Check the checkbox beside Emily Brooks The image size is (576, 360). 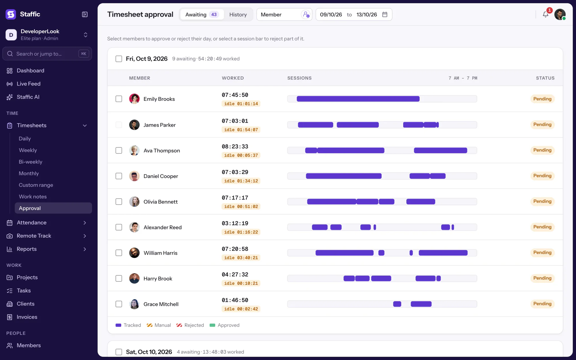coord(119,99)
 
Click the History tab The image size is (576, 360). coord(238,14)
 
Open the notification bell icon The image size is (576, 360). coord(545,14)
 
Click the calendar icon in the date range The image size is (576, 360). coord(385,14)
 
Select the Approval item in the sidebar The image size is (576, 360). coord(53,208)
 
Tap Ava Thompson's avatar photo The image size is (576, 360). coord(134,150)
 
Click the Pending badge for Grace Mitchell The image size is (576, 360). coord(542,304)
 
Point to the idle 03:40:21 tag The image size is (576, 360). coord(241,258)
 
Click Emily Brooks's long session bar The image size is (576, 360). coord(358,99)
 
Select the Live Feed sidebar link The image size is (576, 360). coord(29,84)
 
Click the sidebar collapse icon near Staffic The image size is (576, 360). coord(85,14)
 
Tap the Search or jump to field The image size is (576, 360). coord(47,54)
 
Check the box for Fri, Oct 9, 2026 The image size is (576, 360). coord(119,59)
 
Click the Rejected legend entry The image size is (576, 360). coord(190,325)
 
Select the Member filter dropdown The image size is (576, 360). coord(284,14)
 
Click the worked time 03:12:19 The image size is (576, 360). coord(235,223)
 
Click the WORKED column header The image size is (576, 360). coord(233,78)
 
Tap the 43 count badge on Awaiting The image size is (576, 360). coord(214,14)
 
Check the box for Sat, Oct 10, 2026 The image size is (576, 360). coord(119,352)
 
